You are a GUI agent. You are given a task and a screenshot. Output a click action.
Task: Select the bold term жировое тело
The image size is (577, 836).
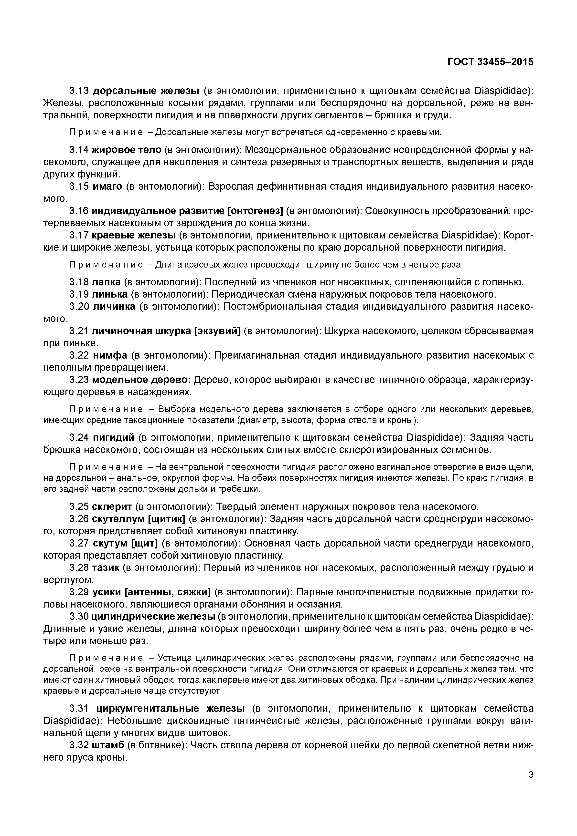[x=126, y=150]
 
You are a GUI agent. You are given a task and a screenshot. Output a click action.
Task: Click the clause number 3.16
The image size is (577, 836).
[x=79, y=211]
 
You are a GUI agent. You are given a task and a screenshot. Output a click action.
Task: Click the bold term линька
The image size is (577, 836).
[x=109, y=294]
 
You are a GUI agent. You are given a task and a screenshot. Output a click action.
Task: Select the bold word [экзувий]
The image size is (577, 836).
[x=217, y=331]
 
